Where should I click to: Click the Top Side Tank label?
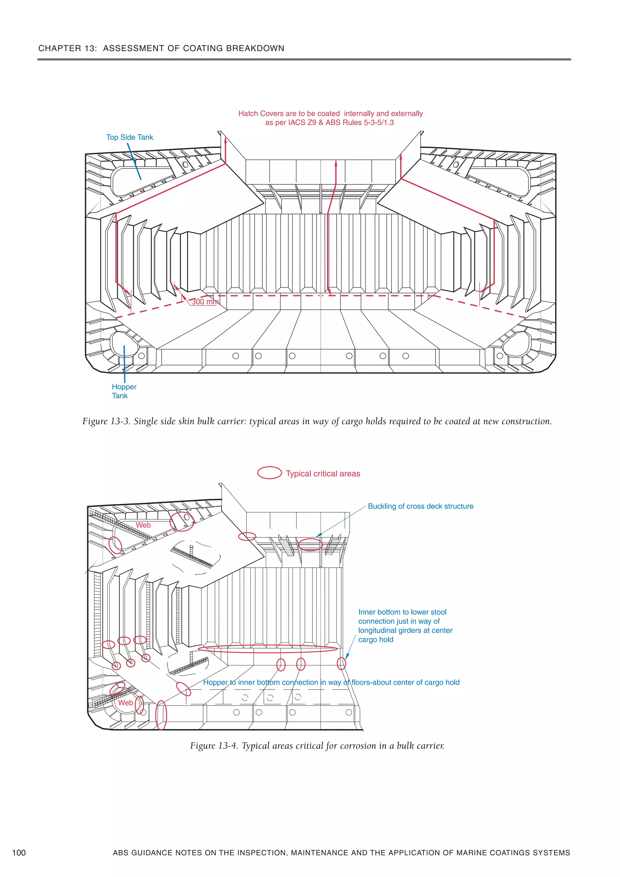pos(130,137)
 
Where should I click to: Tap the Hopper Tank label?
pos(124,391)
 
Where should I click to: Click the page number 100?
pos(19,852)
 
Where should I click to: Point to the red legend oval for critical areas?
pos(269,473)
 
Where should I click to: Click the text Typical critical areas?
pos(323,474)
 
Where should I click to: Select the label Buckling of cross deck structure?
pos(420,506)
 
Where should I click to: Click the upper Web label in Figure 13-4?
pos(143,525)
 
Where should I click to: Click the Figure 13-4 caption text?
pos(317,746)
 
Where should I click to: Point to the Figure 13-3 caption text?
pos(317,421)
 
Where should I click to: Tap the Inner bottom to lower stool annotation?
pos(405,626)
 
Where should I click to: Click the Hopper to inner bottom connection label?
pos(331,682)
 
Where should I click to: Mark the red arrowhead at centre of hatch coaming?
pos(336,163)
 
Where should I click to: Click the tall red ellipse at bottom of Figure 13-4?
pos(162,715)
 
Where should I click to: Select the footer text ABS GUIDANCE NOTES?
pos(341,852)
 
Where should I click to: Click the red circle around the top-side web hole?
pos(182,521)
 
